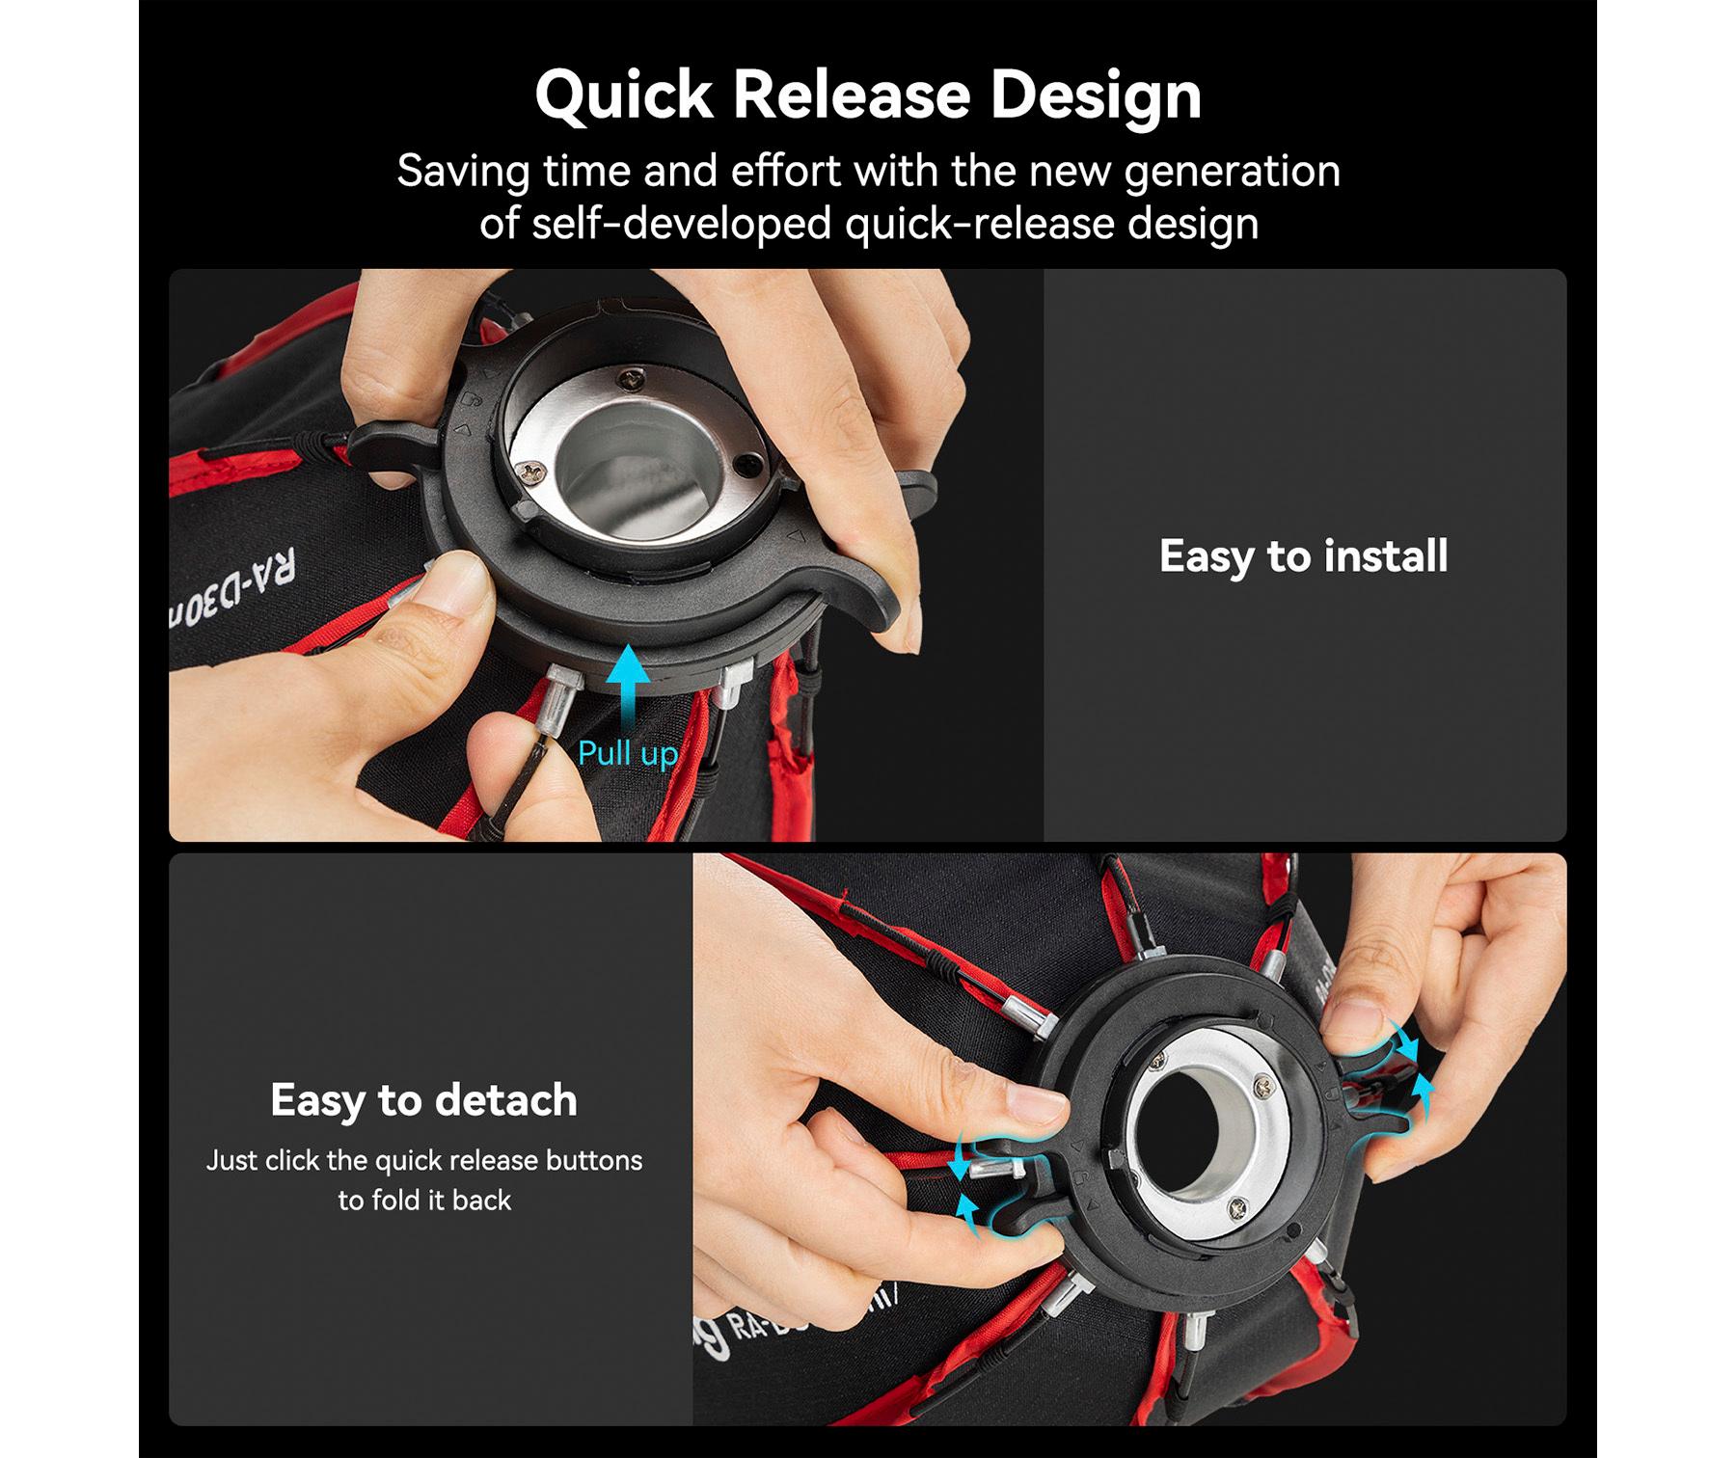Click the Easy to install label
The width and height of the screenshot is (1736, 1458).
click(x=1303, y=555)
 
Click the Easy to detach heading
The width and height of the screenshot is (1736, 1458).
click(x=424, y=1099)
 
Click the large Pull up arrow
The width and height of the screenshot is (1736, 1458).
click(x=628, y=690)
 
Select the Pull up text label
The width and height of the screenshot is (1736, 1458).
click(x=628, y=753)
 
